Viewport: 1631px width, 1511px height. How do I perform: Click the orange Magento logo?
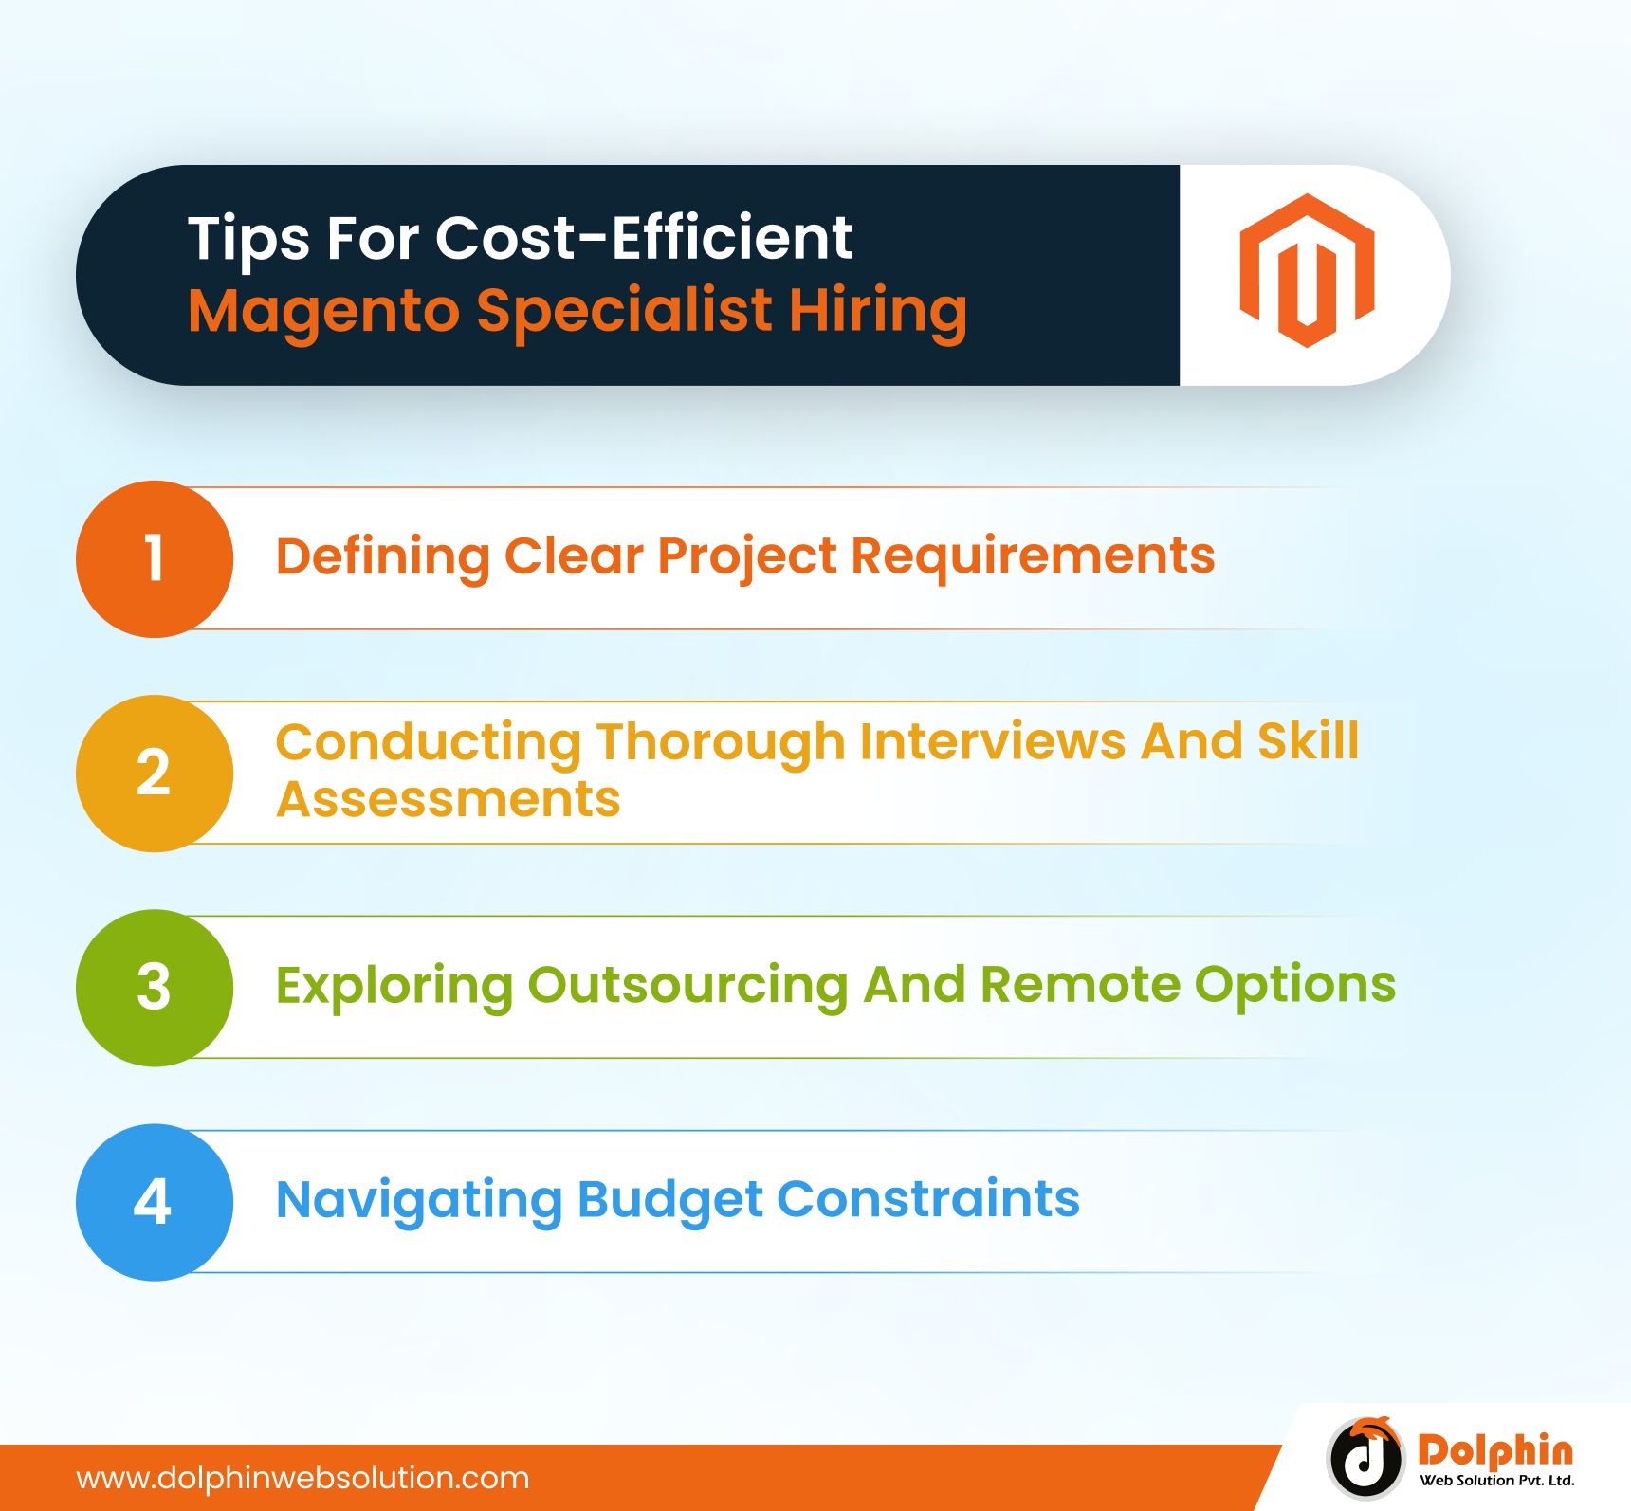pos(1307,270)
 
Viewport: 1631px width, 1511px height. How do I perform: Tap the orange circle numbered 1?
pos(155,558)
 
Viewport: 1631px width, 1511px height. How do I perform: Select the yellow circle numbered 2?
pos(155,774)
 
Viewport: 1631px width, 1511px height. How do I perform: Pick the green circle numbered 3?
pos(155,988)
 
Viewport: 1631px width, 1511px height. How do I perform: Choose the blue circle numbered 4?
pos(155,1202)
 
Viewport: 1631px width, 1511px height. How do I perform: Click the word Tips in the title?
pos(248,239)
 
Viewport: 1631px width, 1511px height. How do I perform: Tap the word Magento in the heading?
pos(323,313)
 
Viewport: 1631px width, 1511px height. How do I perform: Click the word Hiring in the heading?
pos(878,312)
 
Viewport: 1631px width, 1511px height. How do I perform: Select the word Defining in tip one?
pos(382,557)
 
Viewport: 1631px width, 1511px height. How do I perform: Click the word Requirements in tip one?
pos(1033,557)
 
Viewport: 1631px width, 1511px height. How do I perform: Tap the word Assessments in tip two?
pos(449,798)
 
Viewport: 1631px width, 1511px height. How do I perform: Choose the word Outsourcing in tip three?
pos(687,985)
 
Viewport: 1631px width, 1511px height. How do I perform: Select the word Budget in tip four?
pos(670,1201)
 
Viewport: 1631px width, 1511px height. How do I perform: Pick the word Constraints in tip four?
pos(928,1199)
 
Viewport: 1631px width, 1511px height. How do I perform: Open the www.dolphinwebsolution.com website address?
pos(302,1478)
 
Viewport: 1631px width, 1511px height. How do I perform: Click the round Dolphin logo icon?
pos(1365,1457)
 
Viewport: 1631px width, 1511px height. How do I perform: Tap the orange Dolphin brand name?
pos(1495,1450)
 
